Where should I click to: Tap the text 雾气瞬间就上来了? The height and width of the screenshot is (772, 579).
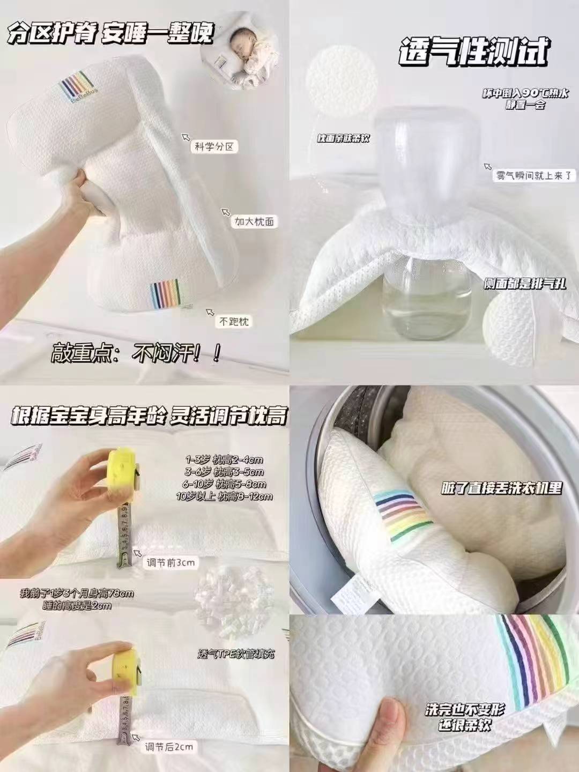(x=534, y=175)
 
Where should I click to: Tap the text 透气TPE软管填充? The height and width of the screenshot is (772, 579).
(x=236, y=655)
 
